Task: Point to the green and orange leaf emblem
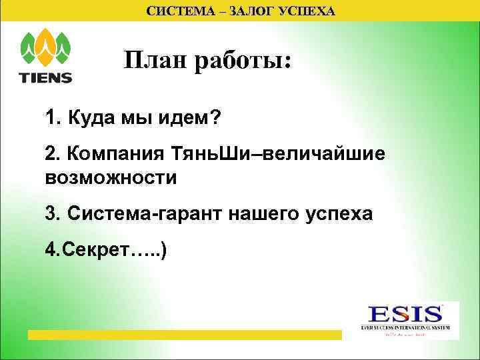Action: pos(46,47)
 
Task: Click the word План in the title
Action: pos(156,61)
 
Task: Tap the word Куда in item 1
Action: pos(89,118)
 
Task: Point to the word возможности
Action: pos(111,178)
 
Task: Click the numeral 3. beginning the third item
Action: pos(52,214)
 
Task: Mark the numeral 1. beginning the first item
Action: pos(52,118)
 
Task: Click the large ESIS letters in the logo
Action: pos(406,314)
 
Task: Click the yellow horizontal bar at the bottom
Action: pos(183,334)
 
